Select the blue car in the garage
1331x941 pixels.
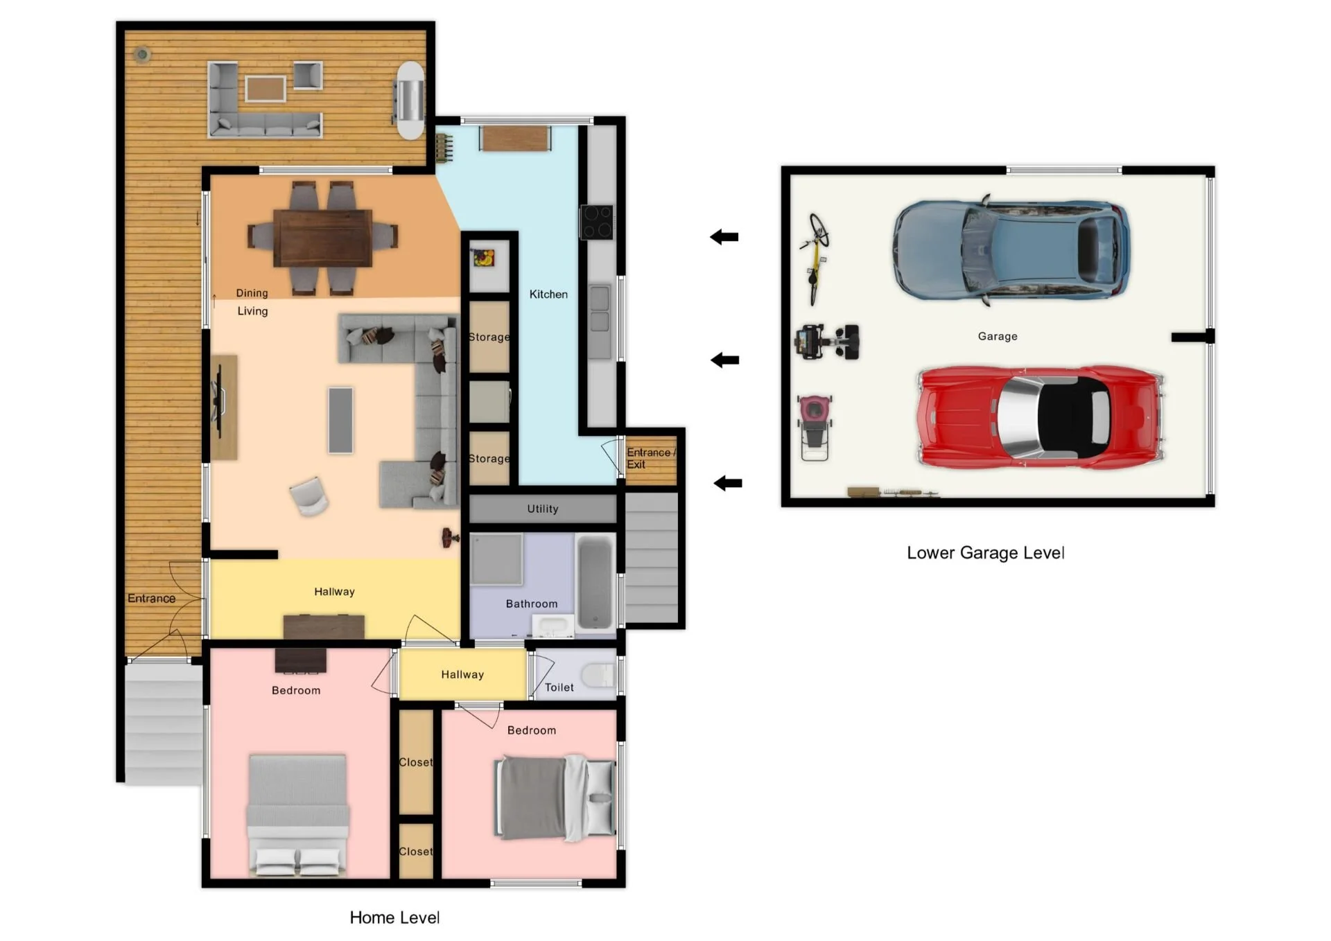pos(1011,250)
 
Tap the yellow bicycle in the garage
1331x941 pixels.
pos(816,258)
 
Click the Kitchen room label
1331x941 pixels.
pos(548,294)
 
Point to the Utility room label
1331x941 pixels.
pos(543,509)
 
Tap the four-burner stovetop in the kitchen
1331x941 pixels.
pos(596,222)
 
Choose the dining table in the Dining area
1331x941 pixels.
pos(323,238)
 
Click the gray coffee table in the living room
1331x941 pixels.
pos(340,421)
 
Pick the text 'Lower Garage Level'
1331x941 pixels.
pos(985,553)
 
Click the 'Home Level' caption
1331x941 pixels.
pos(394,917)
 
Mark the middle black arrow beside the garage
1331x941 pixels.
pos(725,360)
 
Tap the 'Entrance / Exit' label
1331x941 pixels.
pos(650,458)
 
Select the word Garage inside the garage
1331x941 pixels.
pos(998,336)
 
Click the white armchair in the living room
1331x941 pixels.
pos(308,495)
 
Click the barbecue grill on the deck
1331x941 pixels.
pos(410,100)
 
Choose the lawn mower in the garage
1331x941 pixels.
pos(815,427)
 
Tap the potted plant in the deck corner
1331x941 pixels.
pos(142,53)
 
